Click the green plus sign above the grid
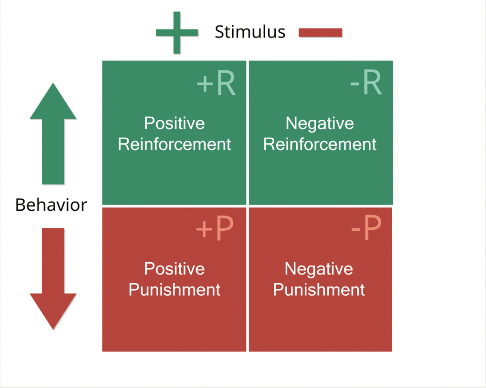point(177,33)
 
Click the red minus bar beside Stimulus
point(320,33)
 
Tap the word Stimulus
point(250,32)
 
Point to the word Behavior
point(51,205)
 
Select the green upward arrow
point(53,133)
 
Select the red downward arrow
point(53,278)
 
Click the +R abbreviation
point(216,83)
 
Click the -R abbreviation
point(366,83)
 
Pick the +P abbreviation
point(215,228)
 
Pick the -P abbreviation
point(366,228)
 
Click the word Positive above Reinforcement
point(174,123)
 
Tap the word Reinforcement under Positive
point(174,144)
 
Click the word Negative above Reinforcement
point(319,124)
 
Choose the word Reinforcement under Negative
point(319,144)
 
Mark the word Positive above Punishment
point(174,269)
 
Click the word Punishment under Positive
point(174,290)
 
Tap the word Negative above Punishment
point(318,269)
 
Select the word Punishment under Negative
point(318,290)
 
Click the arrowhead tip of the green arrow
point(53,83)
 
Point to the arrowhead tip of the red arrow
point(53,330)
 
